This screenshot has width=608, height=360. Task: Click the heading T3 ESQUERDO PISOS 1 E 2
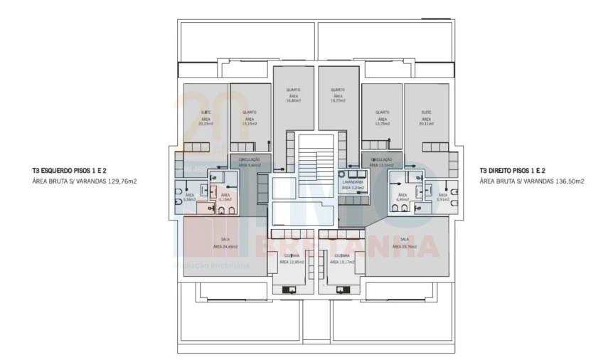click(x=69, y=171)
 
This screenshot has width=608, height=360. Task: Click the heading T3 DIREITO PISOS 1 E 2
click(x=512, y=171)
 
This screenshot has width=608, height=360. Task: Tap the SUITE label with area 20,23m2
click(x=206, y=112)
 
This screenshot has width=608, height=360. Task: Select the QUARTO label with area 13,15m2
click(x=249, y=112)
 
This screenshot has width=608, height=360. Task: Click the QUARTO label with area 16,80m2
click(x=293, y=90)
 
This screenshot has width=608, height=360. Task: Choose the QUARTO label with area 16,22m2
click(x=337, y=90)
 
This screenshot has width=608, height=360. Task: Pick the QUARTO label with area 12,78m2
click(x=383, y=112)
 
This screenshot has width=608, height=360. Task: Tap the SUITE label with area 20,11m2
click(x=426, y=112)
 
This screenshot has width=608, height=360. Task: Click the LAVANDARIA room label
click(x=352, y=182)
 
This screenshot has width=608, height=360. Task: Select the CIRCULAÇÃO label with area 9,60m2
click(x=249, y=159)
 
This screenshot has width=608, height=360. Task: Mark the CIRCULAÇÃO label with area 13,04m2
click(x=382, y=159)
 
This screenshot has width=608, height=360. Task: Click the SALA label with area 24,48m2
click(x=225, y=239)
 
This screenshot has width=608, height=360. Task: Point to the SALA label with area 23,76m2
click(x=404, y=239)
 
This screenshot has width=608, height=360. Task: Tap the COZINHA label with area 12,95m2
click(x=292, y=255)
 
